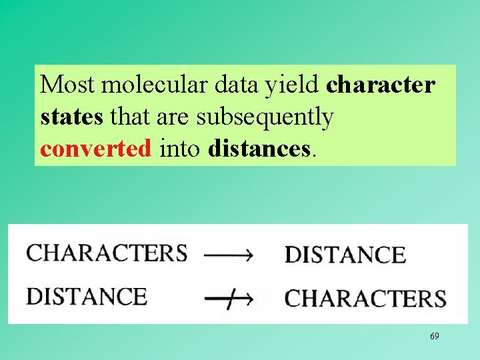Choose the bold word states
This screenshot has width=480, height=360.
[x=71, y=117]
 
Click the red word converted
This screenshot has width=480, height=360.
[x=96, y=148]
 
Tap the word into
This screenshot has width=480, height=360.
[x=180, y=148]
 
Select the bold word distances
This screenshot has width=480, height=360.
[x=259, y=148]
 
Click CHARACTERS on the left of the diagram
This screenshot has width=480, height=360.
[x=107, y=253]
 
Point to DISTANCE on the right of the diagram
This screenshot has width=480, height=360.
[x=345, y=255]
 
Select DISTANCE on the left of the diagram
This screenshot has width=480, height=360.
[x=87, y=296]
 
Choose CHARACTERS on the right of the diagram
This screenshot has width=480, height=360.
[x=365, y=298]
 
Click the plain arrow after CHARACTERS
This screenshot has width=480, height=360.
[x=228, y=254]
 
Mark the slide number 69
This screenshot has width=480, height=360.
[x=434, y=337]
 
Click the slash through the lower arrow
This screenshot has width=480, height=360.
[x=229, y=301]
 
